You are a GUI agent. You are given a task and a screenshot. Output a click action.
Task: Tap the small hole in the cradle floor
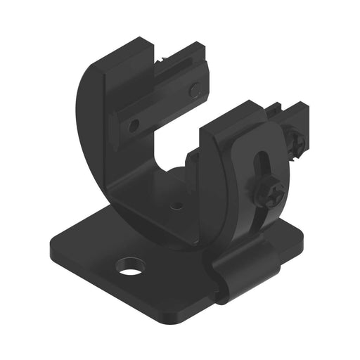pyautogui.click(x=177, y=207)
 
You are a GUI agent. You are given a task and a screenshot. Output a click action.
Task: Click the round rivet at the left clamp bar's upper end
pyautogui.click(x=195, y=89)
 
